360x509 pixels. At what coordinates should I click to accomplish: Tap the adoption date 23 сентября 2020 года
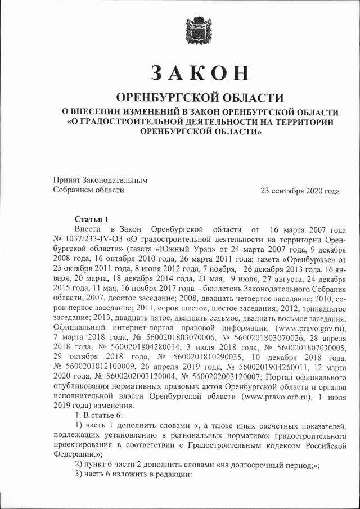coord(300,191)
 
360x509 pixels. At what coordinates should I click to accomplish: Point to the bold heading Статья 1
coord(91,219)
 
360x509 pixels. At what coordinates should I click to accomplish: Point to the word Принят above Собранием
coord(66,181)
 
